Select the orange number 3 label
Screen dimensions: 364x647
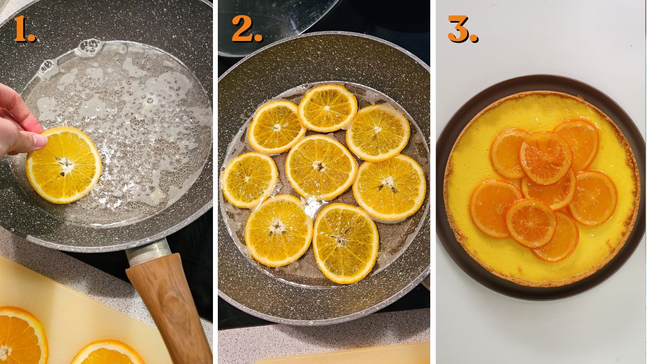pyautogui.click(x=462, y=30)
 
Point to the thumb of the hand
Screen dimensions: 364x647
pyautogui.click(x=27, y=141)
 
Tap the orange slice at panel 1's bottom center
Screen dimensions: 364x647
pyautogui.click(x=108, y=353)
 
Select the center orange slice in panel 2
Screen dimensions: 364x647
pyautogui.click(x=321, y=167)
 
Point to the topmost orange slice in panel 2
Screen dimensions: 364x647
pyautogui.click(x=327, y=107)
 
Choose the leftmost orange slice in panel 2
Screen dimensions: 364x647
pyautogui.click(x=249, y=180)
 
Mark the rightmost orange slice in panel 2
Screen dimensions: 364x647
pyautogui.click(x=389, y=187)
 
